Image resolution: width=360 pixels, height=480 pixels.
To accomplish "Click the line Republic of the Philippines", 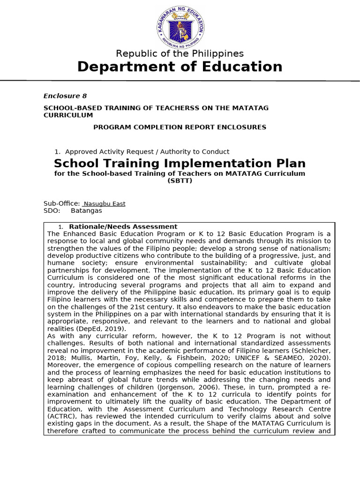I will point(180,53).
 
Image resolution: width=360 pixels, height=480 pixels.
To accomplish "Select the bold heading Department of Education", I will point(180,67).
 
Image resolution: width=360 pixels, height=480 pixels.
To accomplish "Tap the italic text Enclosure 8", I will point(65,96).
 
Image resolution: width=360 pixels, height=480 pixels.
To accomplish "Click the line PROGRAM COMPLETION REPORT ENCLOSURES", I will point(180,127).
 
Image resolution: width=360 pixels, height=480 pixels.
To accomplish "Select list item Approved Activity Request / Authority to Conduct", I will point(147,151).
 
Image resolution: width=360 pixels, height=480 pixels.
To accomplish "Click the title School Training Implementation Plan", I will point(180,164).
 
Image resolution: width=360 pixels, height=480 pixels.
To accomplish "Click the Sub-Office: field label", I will point(61,203).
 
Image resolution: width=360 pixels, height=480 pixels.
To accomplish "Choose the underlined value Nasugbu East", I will point(104,204).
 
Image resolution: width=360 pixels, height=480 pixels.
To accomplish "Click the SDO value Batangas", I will point(86,210).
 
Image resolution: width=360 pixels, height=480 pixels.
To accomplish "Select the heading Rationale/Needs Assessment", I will point(123,226).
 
